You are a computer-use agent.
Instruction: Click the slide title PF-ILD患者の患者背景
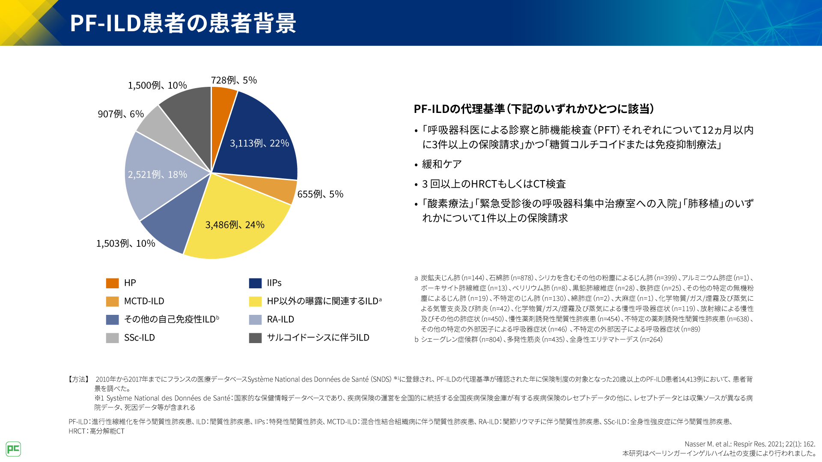point(183,23)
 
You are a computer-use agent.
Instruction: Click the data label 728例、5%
point(234,80)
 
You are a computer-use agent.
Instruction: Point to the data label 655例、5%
point(320,194)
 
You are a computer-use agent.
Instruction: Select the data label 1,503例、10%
point(125,243)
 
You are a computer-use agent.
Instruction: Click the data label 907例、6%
point(121,114)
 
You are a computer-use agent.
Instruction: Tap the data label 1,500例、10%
point(157,86)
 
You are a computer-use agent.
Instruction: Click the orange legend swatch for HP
point(112,283)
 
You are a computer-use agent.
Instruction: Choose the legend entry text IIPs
point(274,283)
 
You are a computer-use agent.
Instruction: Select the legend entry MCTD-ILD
point(144,301)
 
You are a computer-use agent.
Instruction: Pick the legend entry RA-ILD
point(280,320)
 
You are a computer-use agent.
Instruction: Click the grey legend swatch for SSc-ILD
point(112,338)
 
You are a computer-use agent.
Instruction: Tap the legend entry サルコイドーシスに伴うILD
point(318,338)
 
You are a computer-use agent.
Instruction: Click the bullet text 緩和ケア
point(442,164)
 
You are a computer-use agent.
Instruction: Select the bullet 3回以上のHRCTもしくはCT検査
point(494,184)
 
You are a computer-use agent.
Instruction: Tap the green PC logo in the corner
point(13,449)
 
